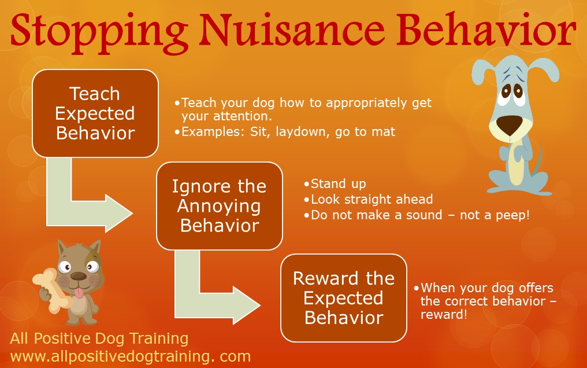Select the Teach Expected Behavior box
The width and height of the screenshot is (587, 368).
(x=95, y=113)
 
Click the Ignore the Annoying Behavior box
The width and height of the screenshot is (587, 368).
(x=220, y=206)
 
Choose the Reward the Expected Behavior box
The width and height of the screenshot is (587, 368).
(x=344, y=298)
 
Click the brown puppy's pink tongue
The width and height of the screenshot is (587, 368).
(x=79, y=293)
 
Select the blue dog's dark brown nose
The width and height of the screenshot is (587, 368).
(x=510, y=125)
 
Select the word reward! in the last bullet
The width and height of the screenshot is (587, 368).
(x=444, y=314)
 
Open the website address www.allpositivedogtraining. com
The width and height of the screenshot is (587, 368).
(x=130, y=356)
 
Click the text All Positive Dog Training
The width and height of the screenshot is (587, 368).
(x=99, y=338)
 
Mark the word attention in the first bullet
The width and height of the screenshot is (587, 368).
(x=243, y=116)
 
